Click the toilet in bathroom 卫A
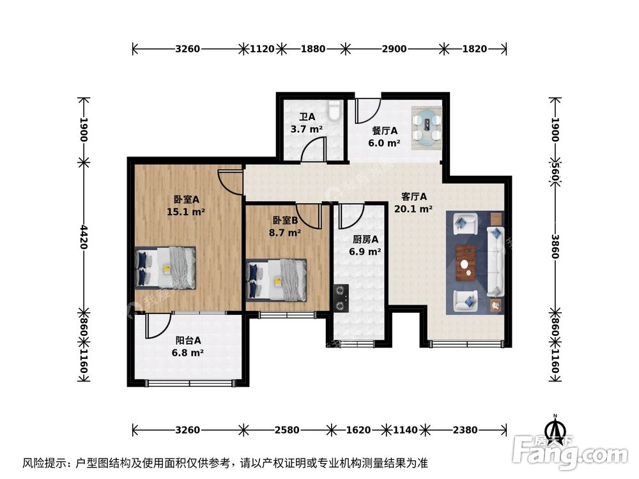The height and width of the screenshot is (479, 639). pyautogui.click(x=334, y=112)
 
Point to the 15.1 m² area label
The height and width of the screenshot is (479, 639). pyautogui.click(x=186, y=211)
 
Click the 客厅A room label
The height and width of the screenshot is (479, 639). pyautogui.click(x=414, y=196)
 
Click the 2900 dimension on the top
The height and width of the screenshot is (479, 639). pyautogui.click(x=394, y=48)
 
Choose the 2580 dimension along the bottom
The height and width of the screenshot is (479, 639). pyautogui.click(x=287, y=430)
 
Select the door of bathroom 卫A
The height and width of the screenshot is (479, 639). pyautogui.click(x=312, y=148)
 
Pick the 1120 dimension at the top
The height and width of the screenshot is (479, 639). pyautogui.click(x=262, y=48)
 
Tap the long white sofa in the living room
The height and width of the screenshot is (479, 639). pyautogui.click(x=496, y=262)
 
